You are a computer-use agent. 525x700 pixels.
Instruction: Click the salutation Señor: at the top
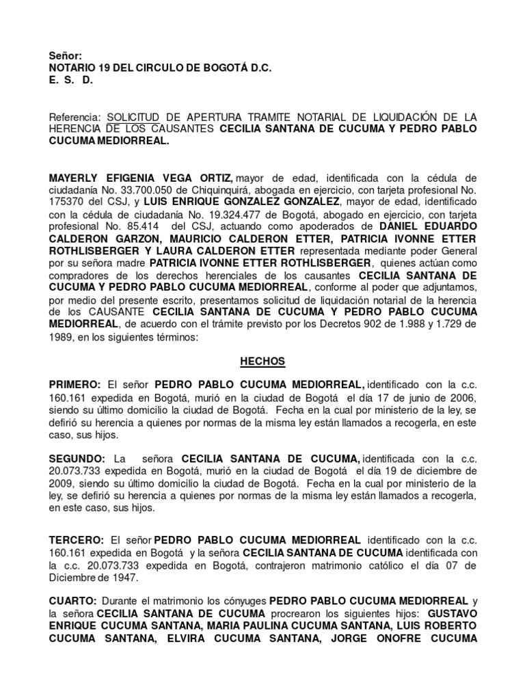click(66, 55)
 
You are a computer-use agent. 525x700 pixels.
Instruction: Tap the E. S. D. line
click(70, 80)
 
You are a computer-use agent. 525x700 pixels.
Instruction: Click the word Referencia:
click(75, 118)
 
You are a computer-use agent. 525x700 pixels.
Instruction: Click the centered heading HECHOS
click(262, 360)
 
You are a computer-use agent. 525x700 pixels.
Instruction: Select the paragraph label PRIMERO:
click(75, 385)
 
